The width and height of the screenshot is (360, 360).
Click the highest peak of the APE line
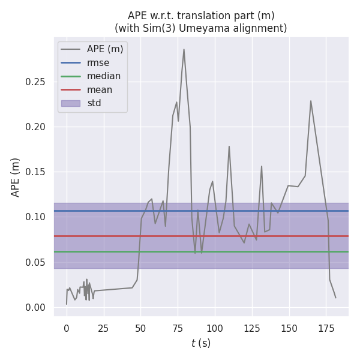pyautogui.click(x=184, y=49)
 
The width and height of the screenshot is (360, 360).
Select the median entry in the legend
pyautogui.click(x=103, y=76)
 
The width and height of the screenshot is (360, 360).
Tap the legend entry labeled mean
pyautogui.click(x=99, y=90)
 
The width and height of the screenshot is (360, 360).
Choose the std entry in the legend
pyautogui.click(x=94, y=103)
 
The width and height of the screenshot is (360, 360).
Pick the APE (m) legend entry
pyautogui.click(x=104, y=49)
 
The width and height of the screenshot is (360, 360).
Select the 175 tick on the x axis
pyautogui.click(x=326, y=328)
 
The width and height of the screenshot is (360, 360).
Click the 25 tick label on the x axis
pyautogui.click(x=103, y=328)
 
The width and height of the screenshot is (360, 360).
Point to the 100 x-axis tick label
pyautogui.click(x=215, y=328)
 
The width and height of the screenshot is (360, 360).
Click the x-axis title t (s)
pyautogui.click(x=201, y=344)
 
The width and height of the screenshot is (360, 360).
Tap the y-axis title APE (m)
pyautogui.click(x=16, y=177)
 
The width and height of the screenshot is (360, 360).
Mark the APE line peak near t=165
pyautogui.click(x=311, y=101)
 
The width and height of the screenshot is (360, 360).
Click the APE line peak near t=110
pyautogui.click(x=229, y=146)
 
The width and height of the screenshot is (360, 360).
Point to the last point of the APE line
pyautogui.click(x=335, y=298)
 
